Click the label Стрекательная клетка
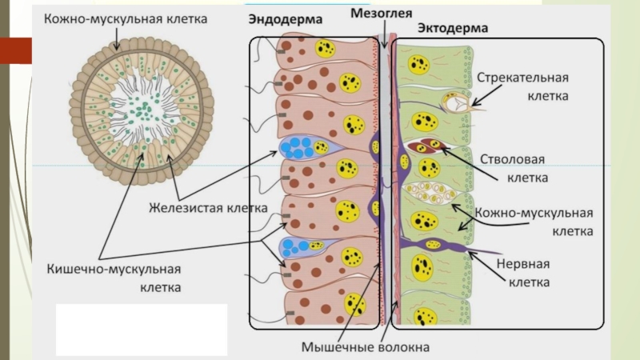click(523, 86)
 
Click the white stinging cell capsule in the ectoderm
click(456, 101)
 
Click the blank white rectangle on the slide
click(142, 329)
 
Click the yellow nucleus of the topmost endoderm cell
click(325, 49)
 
